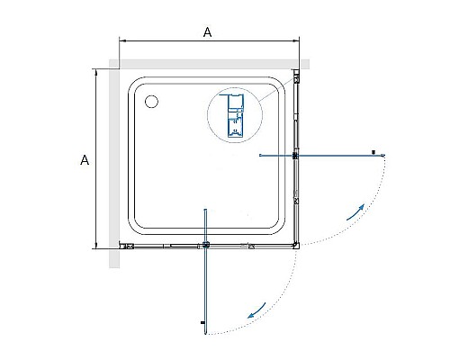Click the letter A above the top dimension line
coord(208,31)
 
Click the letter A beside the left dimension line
coord(84,160)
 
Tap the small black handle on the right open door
coord(372,151)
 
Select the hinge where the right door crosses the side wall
coord(296,156)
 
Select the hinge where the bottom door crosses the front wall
coord(206,245)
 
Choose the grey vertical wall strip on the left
coord(112,166)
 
